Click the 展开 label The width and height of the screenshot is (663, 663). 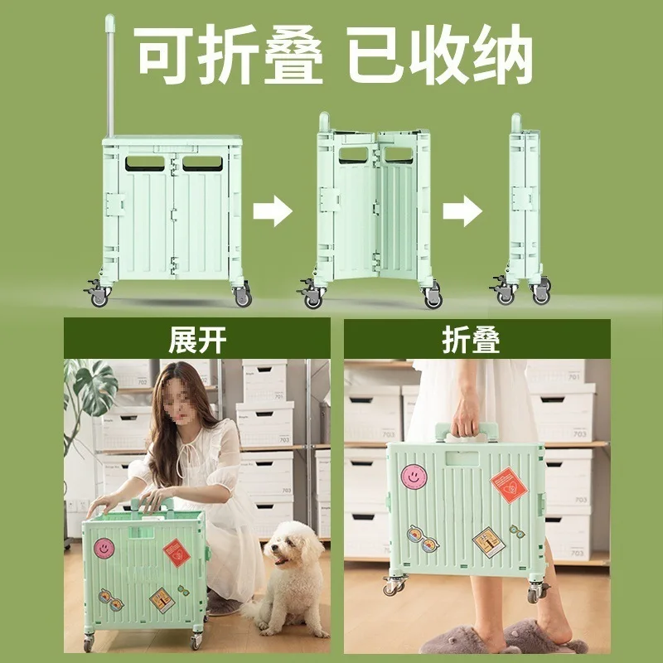196,338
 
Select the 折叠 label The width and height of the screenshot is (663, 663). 472,338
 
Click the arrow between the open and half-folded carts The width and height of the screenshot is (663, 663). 272,211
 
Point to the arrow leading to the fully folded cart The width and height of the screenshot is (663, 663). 462,211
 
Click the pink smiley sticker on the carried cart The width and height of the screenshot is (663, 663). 414,477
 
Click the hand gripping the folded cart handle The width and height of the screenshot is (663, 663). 466,417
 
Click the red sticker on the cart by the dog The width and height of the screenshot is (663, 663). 176,553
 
